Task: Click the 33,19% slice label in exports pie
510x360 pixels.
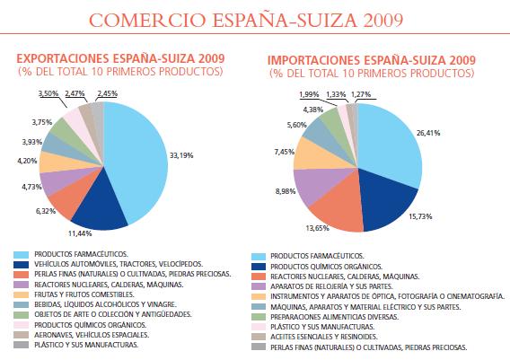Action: pos(181,155)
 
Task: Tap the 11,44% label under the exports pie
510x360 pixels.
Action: pos(80,233)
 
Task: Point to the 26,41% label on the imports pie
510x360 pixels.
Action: pos(428,133)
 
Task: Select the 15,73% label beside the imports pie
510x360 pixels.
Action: pos(420,216)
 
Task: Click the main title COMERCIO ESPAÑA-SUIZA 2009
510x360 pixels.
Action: pos(246,20)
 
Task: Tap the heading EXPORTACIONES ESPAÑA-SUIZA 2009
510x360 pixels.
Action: pos(120,58)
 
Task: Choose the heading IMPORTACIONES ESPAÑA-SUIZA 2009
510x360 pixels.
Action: pos(372,60)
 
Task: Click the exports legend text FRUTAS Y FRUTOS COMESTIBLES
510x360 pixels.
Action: pos(84,294)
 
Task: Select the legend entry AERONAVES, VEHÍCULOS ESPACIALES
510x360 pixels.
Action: pos(92,335)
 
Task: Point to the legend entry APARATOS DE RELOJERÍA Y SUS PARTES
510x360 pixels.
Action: pos(331,286)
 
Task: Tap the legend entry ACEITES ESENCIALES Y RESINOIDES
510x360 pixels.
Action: pos(323,337)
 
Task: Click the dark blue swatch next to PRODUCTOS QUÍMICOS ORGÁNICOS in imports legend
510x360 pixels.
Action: pos(259,267)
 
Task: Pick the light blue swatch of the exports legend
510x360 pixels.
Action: pos(22,254)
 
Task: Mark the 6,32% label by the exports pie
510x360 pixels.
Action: pos(46,211)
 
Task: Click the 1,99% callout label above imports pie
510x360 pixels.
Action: pos(309,94)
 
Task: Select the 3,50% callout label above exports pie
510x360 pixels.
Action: pos(48,93)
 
